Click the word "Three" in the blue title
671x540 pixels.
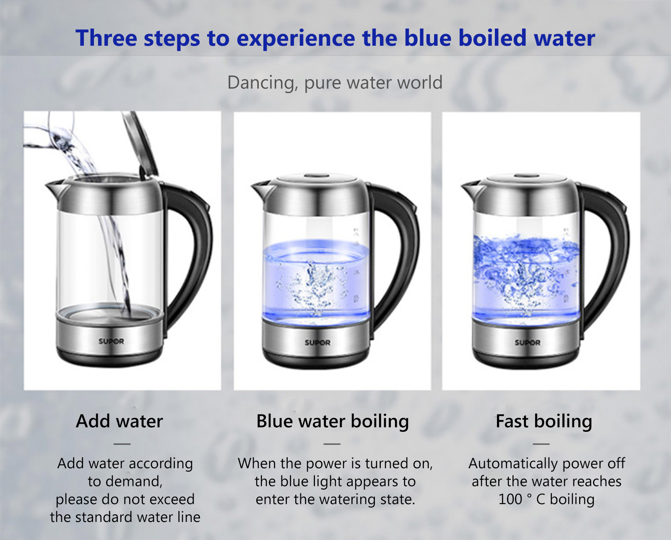107,38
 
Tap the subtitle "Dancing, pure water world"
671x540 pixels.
335,83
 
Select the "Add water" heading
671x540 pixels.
120,421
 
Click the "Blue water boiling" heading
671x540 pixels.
333,422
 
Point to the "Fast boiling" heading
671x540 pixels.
544,422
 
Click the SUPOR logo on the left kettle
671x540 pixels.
111,341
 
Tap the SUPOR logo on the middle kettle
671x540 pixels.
317,342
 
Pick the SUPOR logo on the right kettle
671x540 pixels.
527,342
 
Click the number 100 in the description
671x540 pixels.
510,499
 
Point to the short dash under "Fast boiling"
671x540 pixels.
541,443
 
